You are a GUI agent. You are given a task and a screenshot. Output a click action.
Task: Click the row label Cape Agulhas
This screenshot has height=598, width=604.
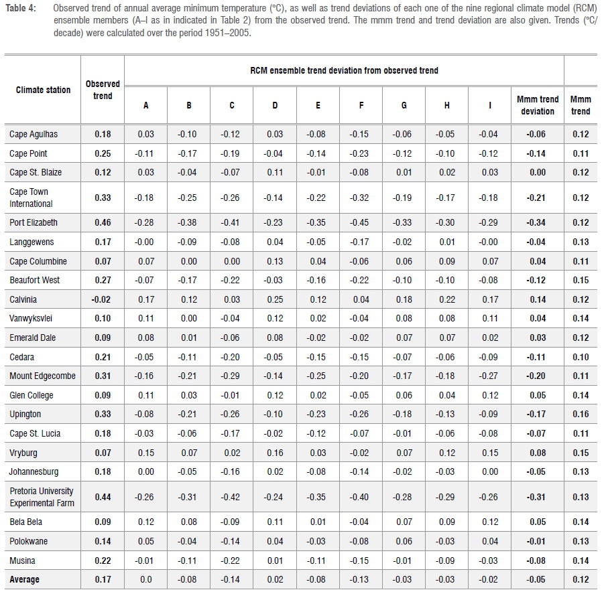point(34,134)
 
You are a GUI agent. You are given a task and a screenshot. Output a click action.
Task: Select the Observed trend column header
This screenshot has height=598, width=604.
point(103,90)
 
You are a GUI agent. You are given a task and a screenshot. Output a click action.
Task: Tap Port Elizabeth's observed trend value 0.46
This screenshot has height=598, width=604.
point(103,222)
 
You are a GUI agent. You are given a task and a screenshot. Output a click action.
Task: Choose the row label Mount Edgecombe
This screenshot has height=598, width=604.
point(40,376)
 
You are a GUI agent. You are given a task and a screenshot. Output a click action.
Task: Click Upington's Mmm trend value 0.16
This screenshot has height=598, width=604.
point(581,415)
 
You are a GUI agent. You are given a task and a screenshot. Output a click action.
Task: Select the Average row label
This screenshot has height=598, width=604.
point(25,580)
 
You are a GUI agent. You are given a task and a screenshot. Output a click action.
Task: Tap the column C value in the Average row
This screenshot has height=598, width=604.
point(232,580)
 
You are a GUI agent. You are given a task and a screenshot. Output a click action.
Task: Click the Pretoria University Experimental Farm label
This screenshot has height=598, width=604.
point(42,497)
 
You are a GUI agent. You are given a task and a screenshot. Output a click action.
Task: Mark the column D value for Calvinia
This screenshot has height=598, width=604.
point(275,299)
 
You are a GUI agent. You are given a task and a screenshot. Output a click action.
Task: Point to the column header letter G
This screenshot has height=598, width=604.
point(404,105)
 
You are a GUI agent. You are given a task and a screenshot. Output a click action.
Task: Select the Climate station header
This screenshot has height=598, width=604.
point(44,90)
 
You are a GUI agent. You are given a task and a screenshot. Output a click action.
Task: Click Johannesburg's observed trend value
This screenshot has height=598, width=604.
point(103,472)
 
